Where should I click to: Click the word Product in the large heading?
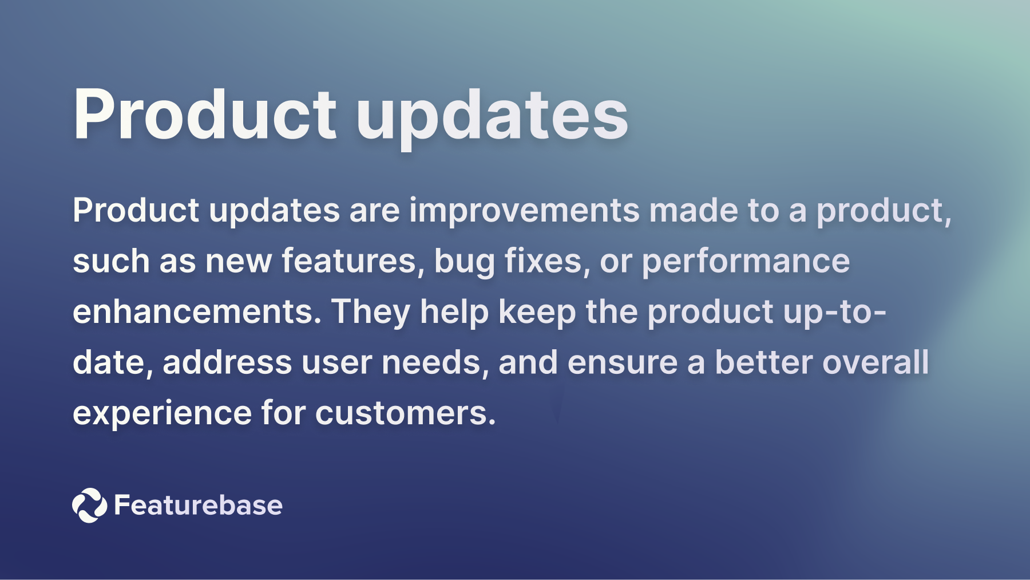[x=204, y=115]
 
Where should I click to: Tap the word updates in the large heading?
[x=492, y=117]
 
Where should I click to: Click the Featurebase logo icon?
[x=89, y=505]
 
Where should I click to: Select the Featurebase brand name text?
[x=198, y=505]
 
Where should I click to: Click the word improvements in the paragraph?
[x=524, y=210]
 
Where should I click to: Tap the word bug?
[x=464, y=262]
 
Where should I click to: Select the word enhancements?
[x=197, y=312]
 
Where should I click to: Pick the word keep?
[x=537, y=313]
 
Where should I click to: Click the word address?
[x=227, y=362]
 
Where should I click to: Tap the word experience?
[x=162, y=413]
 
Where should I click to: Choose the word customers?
[x=405, y=413]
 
